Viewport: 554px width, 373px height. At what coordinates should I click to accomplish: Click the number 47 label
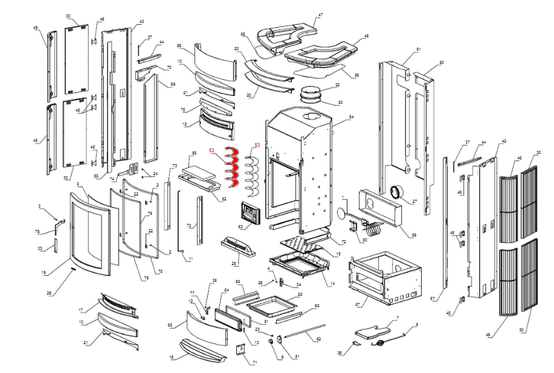tap(321, 14)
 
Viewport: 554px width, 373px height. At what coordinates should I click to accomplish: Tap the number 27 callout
tap(414, 201)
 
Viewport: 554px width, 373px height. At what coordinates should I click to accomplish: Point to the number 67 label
tap(357, 305)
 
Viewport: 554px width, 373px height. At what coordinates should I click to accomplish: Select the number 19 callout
tap(44, 273)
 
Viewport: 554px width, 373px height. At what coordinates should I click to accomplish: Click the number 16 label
tap(172, 357)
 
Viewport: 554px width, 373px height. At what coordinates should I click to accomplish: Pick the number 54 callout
tap(351, 116)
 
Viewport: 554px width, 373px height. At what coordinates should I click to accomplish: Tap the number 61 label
tap(418, 49)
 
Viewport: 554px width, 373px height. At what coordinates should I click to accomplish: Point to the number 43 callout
tap(141, 22)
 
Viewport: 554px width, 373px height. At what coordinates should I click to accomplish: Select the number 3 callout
tap(40, 206)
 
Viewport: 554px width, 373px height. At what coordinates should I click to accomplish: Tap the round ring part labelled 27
tap(397, 192)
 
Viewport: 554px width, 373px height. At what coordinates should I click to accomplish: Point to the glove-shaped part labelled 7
tap(373, 329)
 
